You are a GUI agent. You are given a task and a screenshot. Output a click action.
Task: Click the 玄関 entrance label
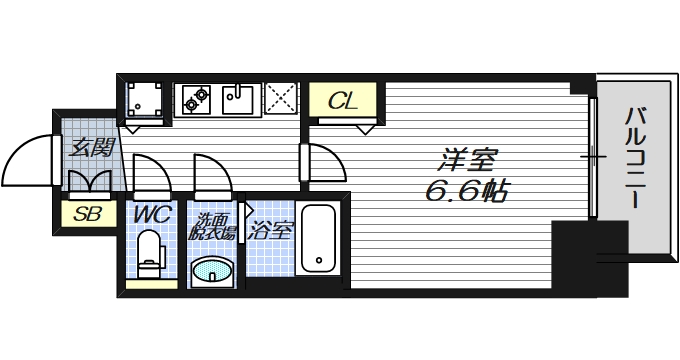89,148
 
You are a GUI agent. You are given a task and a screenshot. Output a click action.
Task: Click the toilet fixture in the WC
149,254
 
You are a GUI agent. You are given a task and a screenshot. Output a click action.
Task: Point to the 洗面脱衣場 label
214,227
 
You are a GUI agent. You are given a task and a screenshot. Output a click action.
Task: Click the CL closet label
343,100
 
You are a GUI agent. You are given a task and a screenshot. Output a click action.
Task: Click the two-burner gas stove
196,97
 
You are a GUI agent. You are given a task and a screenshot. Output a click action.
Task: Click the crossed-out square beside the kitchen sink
282,98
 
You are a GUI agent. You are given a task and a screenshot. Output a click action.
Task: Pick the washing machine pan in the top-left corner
146,98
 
